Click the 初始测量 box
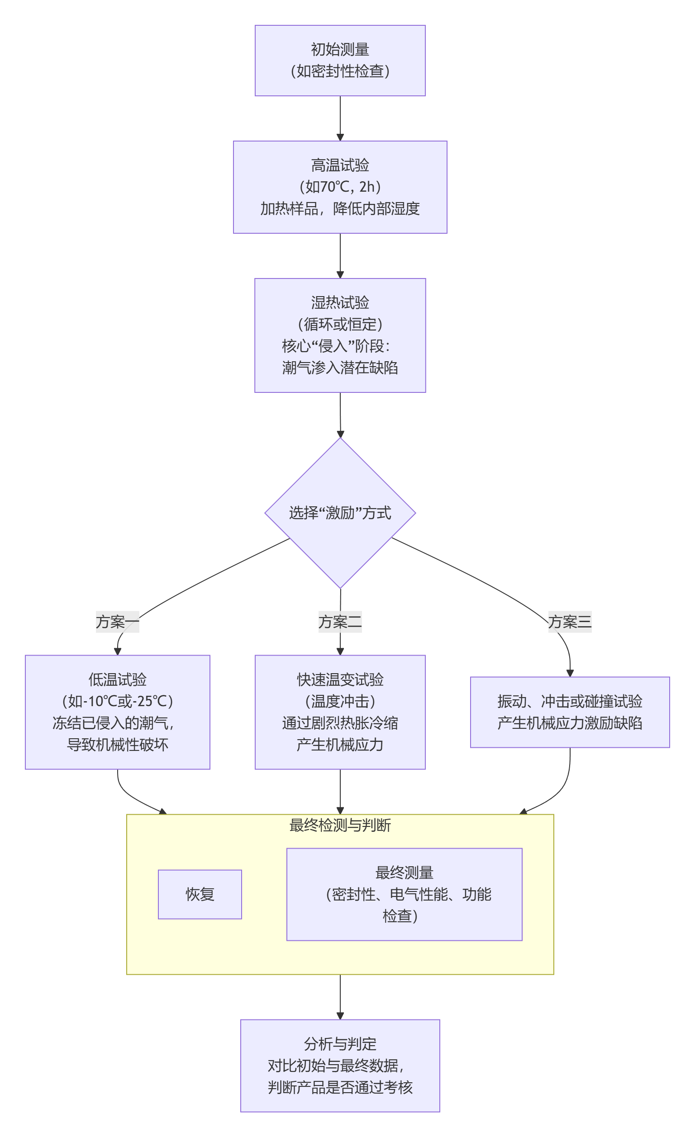340,61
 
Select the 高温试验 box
340,187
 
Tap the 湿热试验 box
340,335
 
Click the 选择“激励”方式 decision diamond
340,513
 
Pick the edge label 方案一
117,622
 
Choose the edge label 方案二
340,622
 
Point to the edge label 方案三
569,622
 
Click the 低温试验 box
117,712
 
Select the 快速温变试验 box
340,712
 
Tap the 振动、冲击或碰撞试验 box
569,712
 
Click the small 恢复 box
200,894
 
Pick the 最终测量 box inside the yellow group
404,894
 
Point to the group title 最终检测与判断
340,825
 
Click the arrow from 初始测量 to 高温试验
340,118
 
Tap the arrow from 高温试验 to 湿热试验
340,255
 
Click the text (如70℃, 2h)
340,187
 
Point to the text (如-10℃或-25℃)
117,701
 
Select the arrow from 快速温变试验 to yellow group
340,791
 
